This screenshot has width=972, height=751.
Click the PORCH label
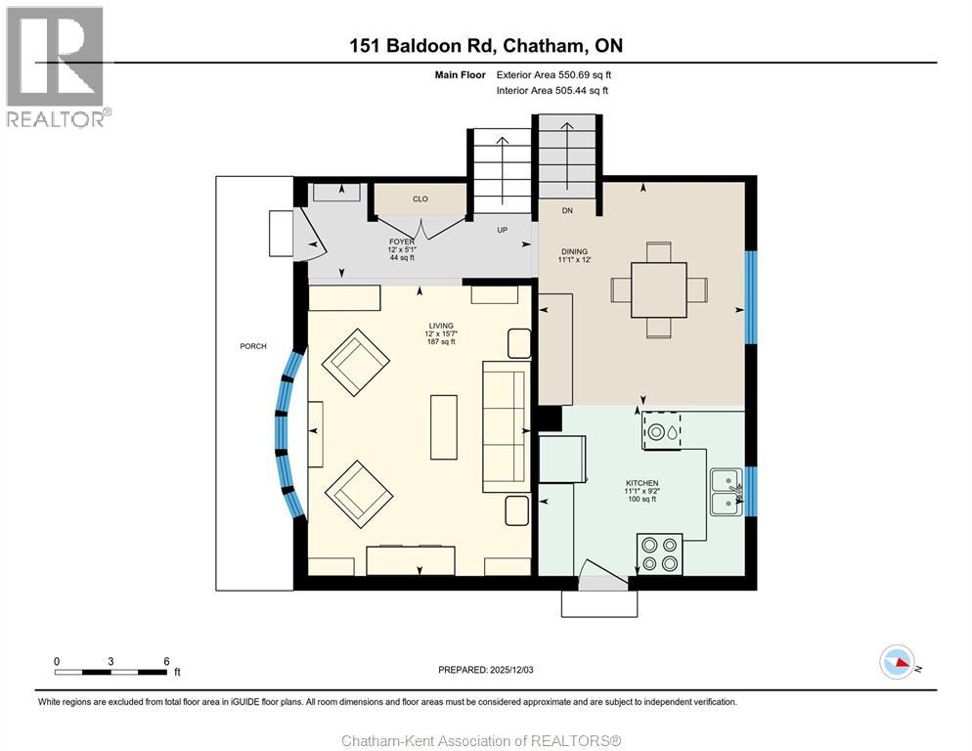point(253,346)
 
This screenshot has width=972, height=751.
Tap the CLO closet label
point(420,199)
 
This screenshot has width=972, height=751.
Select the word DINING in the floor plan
point(574,251)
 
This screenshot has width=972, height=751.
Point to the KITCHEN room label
point(641,483)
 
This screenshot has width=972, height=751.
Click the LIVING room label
point(441,326)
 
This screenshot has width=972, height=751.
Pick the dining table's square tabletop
point(659,289)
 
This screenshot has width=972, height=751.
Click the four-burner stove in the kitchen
point(659,553)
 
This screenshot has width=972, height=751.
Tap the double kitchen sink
point(727,493)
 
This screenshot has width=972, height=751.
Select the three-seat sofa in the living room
point(507,426)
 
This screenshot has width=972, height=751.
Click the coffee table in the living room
point(444,427)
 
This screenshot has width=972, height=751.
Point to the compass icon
point(897,662)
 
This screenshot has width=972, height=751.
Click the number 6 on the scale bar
point(166,661)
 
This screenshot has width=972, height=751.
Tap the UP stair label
point(502,230)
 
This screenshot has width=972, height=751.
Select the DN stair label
point(567,211)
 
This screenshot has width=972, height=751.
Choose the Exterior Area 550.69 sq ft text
point(553,75)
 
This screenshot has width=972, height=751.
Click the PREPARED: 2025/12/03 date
point(485,670)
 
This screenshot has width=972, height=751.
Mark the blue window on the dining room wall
point(751,297)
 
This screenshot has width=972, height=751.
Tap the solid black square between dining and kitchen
point(550,418)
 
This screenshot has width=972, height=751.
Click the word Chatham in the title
point(543,46)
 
